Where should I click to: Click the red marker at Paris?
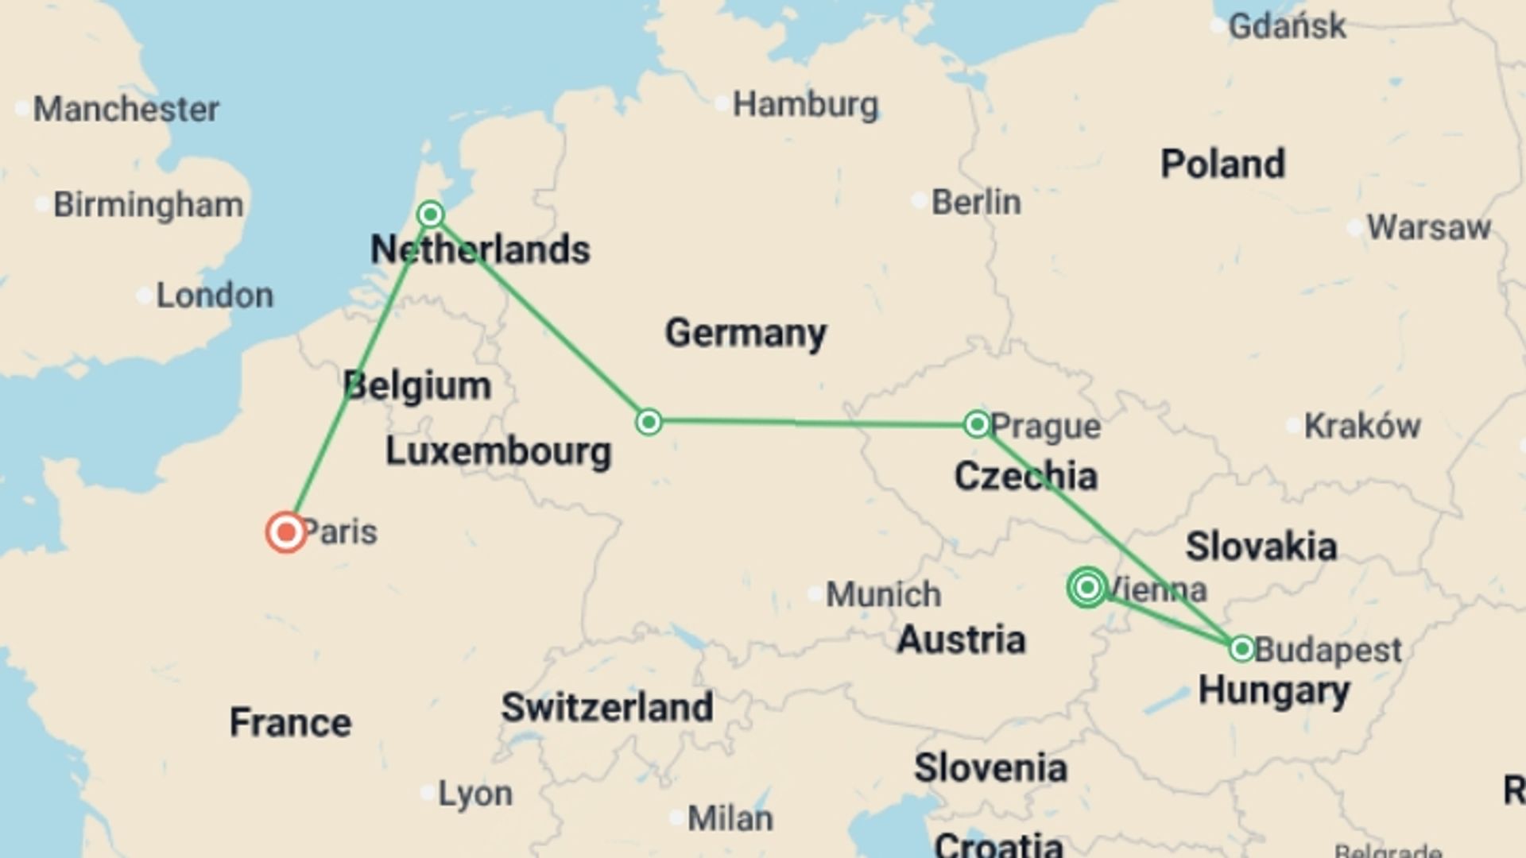pyautogui.click(x=286, y=532)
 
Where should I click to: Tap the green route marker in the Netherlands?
pyautogui.click(x=430, y=214)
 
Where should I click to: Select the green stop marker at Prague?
pyautogui.click(x=977, y=423)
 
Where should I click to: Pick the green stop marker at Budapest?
pyautogui.click(x=1241, y=649)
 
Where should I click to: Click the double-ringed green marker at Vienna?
pyautogui.click(x=1087, y=587)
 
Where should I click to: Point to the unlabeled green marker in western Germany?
pyautogui.click(x=649, y=422)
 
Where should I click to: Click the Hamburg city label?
pyautogui.click(x=805, y=105)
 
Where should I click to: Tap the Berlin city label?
pyautogui.click(x=976, y=203)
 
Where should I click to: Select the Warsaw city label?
pyautogui.click(x=1428, y=228)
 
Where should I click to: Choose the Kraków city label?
pyautogui.click(x=1361, y=426)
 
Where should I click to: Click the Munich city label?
pyautogui.click(x=883, y=594)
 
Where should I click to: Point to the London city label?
pyautogui.click(x=215, y=296)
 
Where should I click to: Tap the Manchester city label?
pyautogui.click(x=126, y=109)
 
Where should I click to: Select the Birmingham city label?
pyautogui.click(x=148, y=205)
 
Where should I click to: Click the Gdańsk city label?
pyautogui.click(x=1287, y=26)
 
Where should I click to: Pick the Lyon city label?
pyautogui.click(x=475, y=793)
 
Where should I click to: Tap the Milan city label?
pyautogui.click(x=730, y=818)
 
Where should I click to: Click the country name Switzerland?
pyautogui.click(x=607, y=707)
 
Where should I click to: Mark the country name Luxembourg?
pyautogui.click(x=498, y=451)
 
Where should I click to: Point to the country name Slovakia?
pyautogui.click(x=1261, y=547)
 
